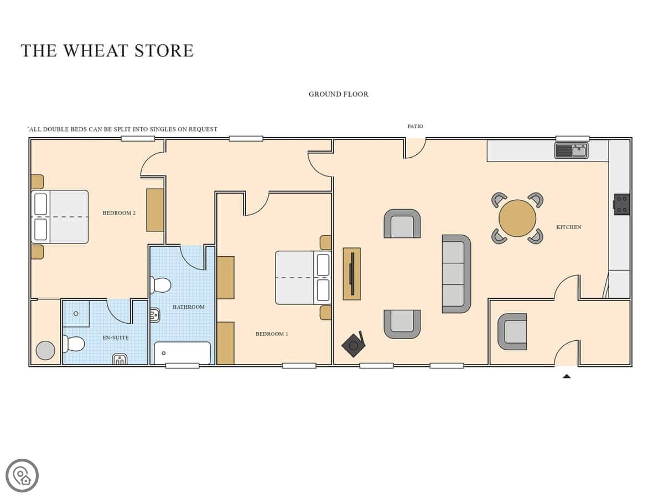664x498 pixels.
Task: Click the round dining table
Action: coord(517,218)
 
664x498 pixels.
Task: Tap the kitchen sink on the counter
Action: coord(571,151)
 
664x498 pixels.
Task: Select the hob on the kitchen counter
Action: coord(621,204)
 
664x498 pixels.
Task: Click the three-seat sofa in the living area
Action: coord(456,274)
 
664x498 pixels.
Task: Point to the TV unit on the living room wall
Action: coord(351,274)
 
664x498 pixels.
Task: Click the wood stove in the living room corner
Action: coord(354,344)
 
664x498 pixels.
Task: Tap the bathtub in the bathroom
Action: coord(182,353)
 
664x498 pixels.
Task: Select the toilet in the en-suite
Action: coord(73,344)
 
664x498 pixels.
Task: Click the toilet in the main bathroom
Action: coord(160,285)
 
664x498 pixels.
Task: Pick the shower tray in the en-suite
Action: coord(76,314)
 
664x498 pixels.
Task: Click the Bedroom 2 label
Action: coord(119,213)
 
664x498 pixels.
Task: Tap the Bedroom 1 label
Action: coord(272,334)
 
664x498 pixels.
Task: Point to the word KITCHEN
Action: coord(569,227)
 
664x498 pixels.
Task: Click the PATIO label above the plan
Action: coord(415,126)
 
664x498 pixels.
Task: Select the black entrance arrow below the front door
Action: coord(567,376)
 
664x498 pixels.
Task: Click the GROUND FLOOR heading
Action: coord(339,94)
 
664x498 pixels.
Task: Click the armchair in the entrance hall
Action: coord(512,331)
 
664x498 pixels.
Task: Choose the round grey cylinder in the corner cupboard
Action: coord(45,350)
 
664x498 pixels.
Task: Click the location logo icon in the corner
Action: coord(22,475)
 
